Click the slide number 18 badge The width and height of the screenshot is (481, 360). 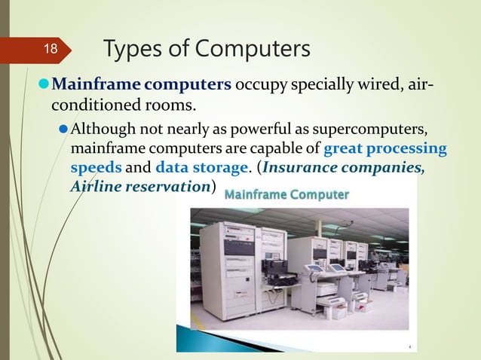(49, 50)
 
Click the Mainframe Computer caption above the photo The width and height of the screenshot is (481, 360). (287, 195)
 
